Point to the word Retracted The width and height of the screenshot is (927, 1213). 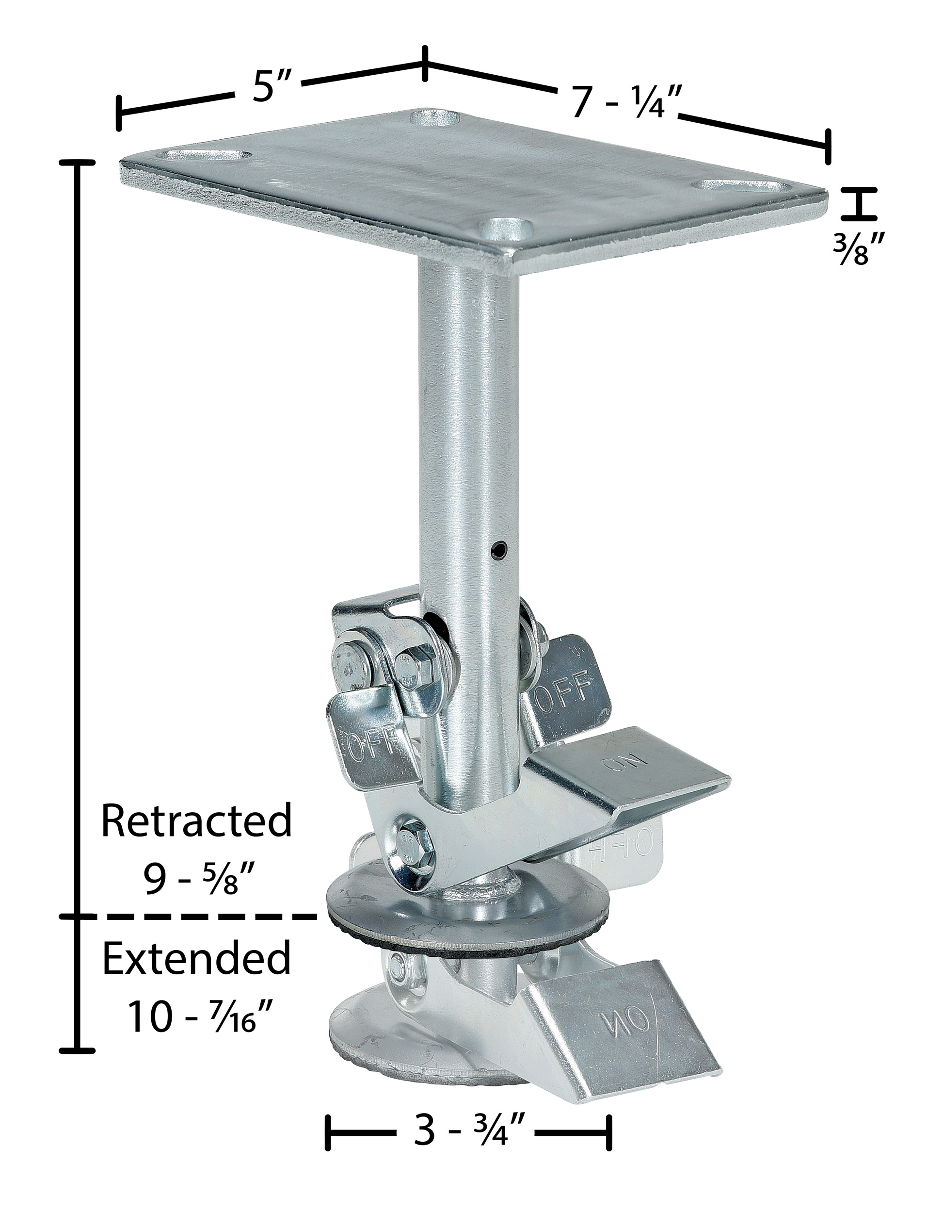pos(196,821)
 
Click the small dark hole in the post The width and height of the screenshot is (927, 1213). pos(499,549)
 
